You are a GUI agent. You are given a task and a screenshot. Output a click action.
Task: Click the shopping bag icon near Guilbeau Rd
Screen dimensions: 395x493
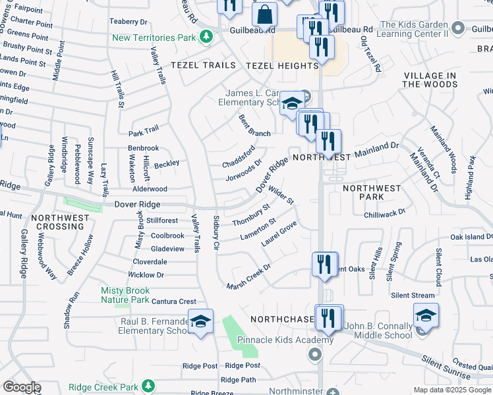point(264,14)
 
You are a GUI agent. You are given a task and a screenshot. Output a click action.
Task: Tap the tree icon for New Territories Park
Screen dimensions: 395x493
point(206,37)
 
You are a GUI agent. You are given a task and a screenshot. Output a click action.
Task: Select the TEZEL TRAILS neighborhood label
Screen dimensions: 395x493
point(203,65)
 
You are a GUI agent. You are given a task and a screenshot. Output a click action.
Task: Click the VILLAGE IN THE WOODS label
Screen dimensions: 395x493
point(429,80)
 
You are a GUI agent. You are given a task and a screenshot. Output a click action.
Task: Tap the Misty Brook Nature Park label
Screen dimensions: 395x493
point(125,295)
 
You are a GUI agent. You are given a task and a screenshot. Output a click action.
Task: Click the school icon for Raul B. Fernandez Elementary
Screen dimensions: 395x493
point(201,321)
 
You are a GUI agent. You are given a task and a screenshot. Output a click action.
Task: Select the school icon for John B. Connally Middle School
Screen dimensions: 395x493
point(426,315)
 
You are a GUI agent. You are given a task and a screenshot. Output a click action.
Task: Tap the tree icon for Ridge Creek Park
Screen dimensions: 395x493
point(150,385)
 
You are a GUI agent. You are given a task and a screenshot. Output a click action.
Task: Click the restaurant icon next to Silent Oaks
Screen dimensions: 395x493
point(324,264)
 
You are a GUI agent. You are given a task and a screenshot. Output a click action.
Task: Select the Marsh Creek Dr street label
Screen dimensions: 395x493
point(248,277)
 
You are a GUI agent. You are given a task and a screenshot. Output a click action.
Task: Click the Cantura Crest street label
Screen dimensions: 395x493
point(174,302)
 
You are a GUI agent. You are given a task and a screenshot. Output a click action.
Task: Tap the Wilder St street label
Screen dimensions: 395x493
point(281,196)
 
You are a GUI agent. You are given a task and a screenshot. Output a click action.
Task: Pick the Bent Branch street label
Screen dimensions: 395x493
point(254,125)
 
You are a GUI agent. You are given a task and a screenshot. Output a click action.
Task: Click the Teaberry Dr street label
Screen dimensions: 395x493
point(129,22)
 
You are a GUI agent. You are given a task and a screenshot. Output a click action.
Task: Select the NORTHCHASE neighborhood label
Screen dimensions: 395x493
point(282,319)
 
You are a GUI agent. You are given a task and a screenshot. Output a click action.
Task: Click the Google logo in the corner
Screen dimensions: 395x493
point(21,387)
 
